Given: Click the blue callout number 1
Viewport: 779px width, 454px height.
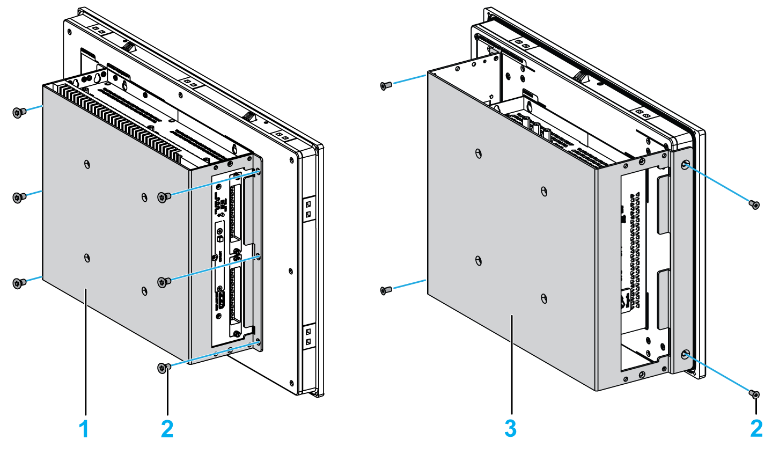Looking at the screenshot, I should click(84, 429).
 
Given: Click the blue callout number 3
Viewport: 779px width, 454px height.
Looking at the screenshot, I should click(510, 429).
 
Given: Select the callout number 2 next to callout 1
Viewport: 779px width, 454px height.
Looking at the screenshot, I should click(167, 429).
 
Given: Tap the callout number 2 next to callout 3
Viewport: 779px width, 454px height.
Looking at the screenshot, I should click(756, 429).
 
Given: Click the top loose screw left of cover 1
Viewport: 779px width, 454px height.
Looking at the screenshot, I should click(18, 112).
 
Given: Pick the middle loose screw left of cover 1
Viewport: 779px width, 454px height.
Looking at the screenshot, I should click(18, 197).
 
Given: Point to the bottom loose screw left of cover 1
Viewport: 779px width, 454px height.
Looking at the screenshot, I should click(18, 283).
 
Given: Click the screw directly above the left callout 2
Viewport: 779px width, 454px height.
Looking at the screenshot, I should click(164, 368).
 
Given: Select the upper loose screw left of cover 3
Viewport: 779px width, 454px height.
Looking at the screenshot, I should click(385, 85).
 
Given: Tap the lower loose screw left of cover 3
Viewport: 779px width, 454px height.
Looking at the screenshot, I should click(385, 290).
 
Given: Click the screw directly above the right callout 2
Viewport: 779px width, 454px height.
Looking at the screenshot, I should click(754, 395).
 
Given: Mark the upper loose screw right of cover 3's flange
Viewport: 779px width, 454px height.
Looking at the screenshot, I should click(754, 204).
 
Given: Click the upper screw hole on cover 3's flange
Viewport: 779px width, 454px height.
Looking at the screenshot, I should click(686, 165).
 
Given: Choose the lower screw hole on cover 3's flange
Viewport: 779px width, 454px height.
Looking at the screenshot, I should click(686, 355).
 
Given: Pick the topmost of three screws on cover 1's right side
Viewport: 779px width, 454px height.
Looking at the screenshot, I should click(164, 196).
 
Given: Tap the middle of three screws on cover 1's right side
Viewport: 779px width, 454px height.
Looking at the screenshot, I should click(164, 281).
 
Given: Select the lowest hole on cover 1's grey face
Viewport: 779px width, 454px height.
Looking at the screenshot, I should click(143, 290).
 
